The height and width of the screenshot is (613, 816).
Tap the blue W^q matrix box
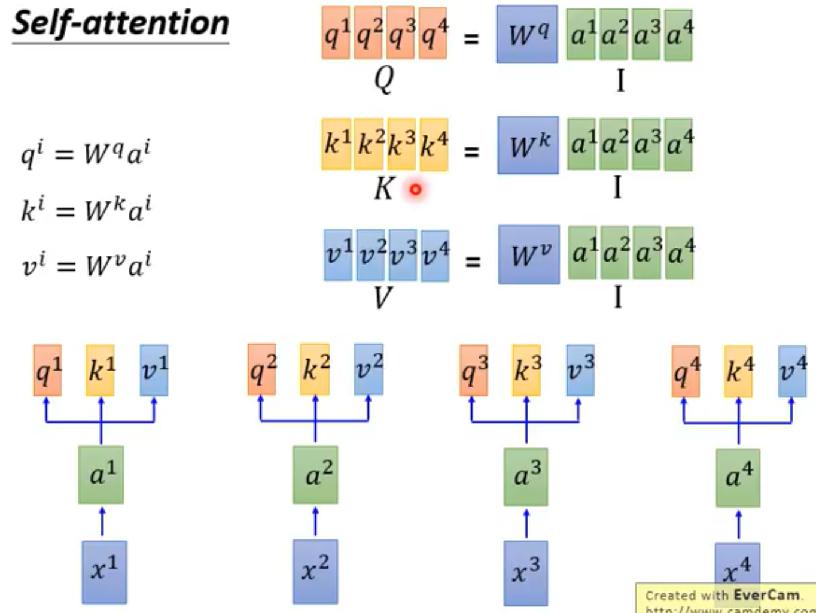(527, 35)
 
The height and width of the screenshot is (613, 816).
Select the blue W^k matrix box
(528, 145)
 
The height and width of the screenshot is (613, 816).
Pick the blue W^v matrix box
(529, 255)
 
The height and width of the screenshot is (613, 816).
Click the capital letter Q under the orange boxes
(384, 78)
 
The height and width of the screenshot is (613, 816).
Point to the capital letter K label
(384, 189)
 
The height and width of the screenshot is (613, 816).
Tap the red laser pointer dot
(415, 190)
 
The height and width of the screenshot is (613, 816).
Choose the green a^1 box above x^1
(101, 475)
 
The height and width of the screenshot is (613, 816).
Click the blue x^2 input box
(315, 570)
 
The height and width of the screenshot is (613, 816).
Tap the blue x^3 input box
(525, 572)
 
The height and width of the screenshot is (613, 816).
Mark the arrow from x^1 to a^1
(102, 521)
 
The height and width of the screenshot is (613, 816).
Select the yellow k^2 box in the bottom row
(315, 369)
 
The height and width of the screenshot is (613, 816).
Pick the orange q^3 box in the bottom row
(474, 371)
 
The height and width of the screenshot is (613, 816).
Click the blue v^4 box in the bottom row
(792, 371)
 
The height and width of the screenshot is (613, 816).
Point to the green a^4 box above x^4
(738, 478)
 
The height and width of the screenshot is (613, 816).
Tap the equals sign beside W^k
(471, 150)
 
